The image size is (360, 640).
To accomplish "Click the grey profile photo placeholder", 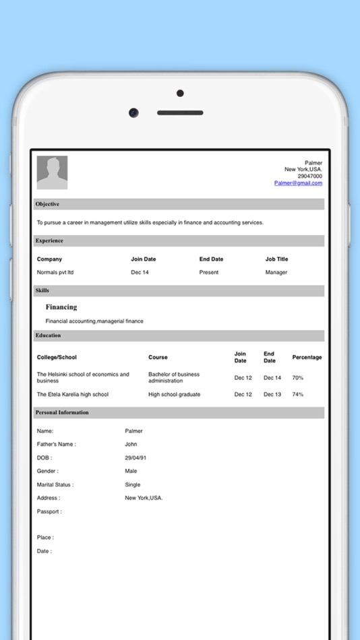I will pos(52,172).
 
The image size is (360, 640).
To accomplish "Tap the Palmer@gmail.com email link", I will pos(298,183).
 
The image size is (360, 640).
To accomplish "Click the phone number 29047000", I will pos(310,176).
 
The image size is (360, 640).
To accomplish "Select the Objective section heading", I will pos(47,204).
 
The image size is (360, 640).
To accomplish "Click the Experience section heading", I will pos(49,241).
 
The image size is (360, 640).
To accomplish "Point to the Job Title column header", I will pos(276,259).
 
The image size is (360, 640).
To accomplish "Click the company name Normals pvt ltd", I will pos(55,272).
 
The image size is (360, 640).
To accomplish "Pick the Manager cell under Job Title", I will pos(276,272).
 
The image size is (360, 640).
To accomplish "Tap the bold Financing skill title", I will pos(61,307).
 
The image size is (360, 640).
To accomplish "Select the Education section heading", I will pos(48,335).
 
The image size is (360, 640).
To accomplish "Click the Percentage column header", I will pos(307,357).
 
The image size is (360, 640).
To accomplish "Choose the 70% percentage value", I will pos(298,378).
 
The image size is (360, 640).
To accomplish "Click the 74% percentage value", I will pos(298,394).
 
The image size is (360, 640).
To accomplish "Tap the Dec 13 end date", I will pos(272,394).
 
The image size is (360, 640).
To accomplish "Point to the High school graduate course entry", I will pos(174,394).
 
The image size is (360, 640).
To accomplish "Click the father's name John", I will pos(131,444).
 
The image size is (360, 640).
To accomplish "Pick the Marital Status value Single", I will pos(133,484).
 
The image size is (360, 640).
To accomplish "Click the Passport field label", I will pos(49,511).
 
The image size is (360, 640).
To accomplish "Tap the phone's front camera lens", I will pos(134,113).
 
